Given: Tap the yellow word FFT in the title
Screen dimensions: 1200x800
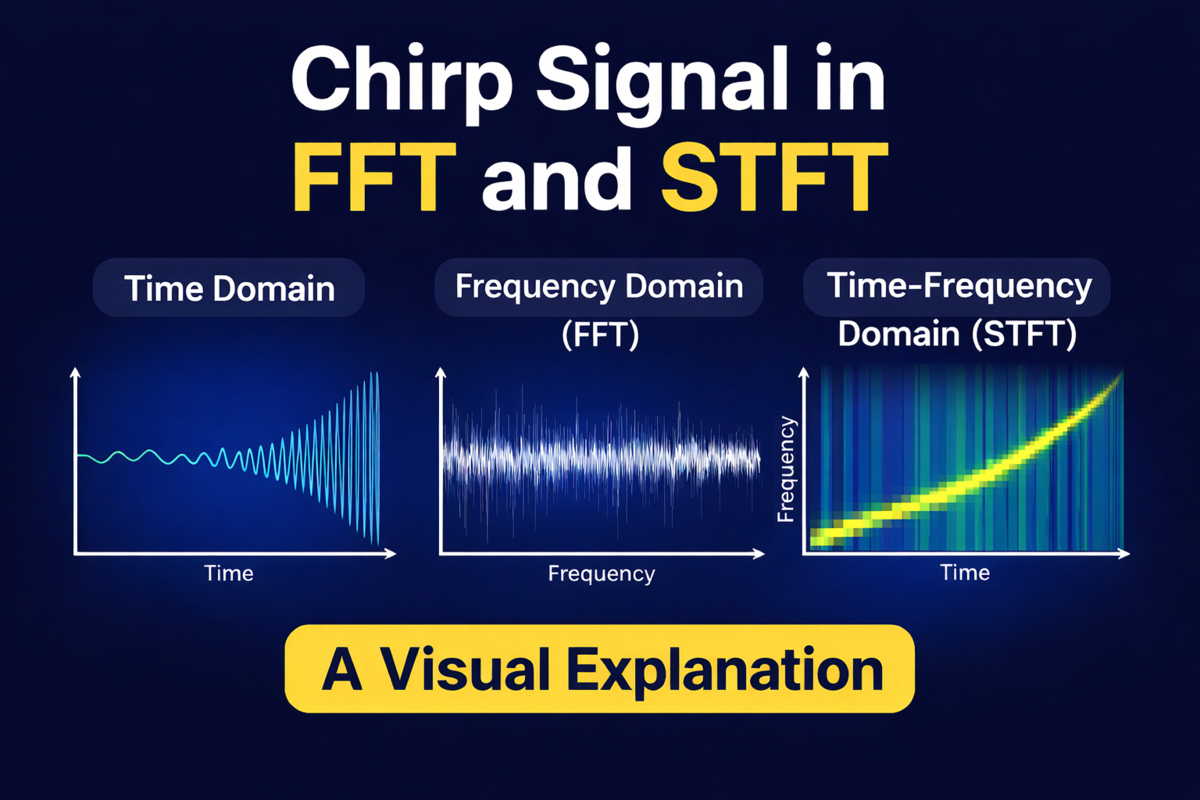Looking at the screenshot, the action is click(373, 177).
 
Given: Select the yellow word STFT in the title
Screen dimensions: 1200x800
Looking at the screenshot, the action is click(775, 177).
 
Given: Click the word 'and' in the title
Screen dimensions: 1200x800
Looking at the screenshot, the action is click(557, 178).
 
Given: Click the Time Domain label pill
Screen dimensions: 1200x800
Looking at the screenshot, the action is click(229, 288).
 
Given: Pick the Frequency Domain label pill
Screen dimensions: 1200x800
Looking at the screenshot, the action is click(599, 287).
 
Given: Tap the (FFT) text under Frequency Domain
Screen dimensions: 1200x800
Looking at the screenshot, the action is click(601, 335).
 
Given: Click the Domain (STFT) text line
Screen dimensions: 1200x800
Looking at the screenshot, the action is click(957, 334).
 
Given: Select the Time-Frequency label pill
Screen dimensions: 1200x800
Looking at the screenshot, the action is click(957, 287).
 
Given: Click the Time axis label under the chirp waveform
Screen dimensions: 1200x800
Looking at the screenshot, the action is click(229, 573).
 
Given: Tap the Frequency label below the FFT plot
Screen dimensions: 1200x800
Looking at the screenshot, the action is click(601, 574).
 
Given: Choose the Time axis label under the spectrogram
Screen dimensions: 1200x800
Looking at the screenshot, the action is click(965, 573).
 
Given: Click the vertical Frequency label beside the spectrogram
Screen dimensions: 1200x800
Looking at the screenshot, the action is click(786, 469).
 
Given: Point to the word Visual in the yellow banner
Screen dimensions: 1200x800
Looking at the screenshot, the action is click(466, 670).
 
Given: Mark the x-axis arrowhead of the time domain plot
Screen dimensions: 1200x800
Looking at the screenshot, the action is click(391, 554).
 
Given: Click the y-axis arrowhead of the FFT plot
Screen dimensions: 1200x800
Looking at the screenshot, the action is click(440, 373).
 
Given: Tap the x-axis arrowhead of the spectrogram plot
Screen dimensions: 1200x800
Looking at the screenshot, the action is click(1124, 554).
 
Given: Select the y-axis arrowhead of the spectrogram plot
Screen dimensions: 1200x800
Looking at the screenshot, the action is click(804, 373).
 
